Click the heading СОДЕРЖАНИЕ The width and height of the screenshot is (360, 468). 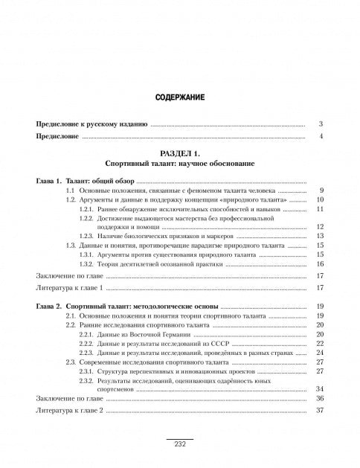coord(179,97)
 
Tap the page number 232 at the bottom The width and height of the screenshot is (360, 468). coord(179,444)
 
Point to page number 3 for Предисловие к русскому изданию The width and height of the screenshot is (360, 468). coord(320,124)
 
